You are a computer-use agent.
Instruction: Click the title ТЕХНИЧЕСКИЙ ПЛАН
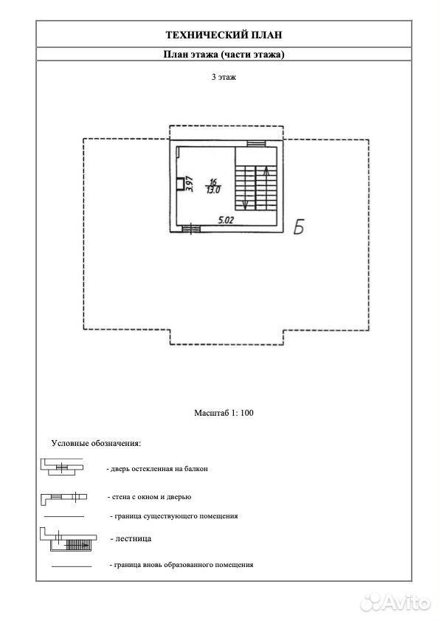coord(224,35)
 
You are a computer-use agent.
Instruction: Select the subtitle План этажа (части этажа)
coord(224,54)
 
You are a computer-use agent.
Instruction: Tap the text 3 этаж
coord(224,77)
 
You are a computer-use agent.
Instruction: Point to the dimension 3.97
coord(190,184)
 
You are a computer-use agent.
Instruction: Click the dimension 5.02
coord(226,220)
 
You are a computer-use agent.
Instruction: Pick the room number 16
coord(213,182)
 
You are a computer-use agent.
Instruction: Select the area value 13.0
coord(213,190)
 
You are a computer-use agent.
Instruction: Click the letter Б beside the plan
coord(299,227)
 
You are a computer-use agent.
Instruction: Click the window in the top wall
coord(256,143)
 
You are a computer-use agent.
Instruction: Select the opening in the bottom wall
coord(191,229)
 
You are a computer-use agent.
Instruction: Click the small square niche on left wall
coord(180,184)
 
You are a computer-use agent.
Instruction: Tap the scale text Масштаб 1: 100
coord(224,413)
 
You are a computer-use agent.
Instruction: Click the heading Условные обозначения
coord(96,443)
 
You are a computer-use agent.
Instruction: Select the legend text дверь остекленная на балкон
coord(159,469)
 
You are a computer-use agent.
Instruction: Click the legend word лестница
coord(134,538)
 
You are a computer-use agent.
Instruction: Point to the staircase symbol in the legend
coord(68,540)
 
